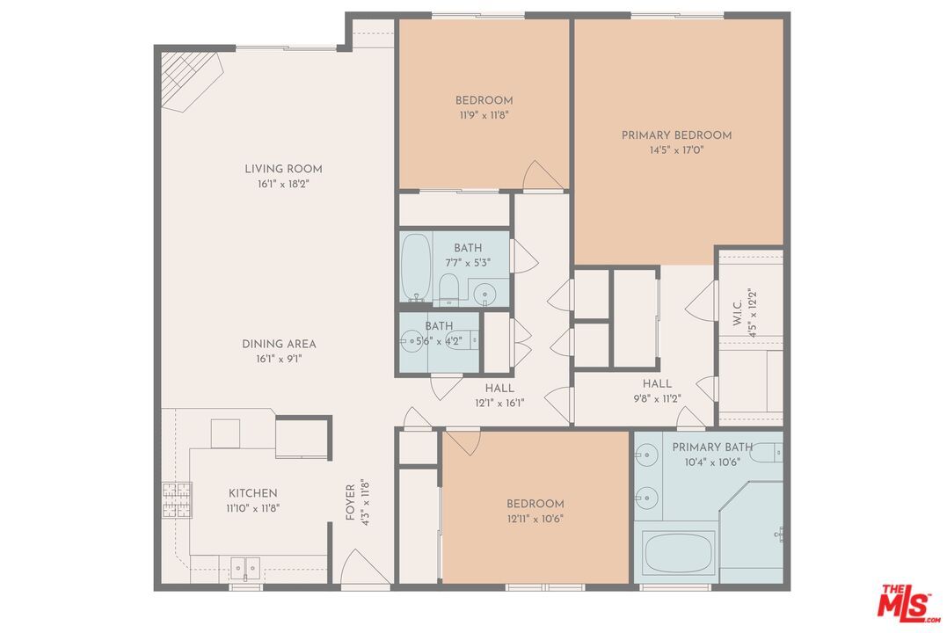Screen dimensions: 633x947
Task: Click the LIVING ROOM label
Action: click(x=283, y=169)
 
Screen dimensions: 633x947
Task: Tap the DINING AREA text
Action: click(x=279, y=344)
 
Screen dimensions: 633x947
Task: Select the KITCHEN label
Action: click(x=253, y=493)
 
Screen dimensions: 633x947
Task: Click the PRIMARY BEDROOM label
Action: click(x=676, y=135)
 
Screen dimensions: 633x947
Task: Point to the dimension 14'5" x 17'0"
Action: click(x=676, y=149)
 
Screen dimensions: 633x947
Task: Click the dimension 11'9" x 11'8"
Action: click(x=484, y=114)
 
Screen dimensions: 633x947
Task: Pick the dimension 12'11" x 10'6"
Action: click(x=535, y=518)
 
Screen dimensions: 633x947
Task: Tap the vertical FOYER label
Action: click(x=349, y=501)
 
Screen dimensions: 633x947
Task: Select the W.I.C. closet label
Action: click(x=737, y=308)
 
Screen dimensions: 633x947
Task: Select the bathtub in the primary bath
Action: click(x=679, y=553)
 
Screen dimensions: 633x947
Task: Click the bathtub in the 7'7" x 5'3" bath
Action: click(x=415, y=266)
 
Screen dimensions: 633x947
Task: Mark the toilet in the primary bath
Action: click(x=766, y=453)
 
